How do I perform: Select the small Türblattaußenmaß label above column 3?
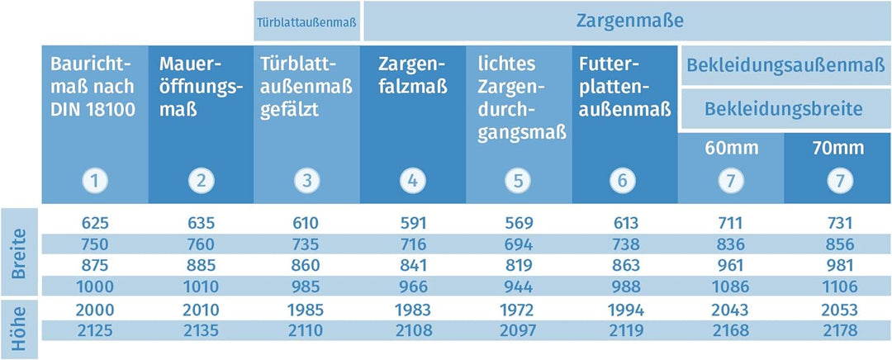tap(307, 22)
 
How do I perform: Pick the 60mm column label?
tap(731, 149)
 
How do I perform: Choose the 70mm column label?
tap(837, 149)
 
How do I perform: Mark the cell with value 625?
tap(96, 223)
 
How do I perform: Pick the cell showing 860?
tap(306, 266)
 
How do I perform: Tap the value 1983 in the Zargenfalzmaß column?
tap(412, 310)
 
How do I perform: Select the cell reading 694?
tap(517, 244)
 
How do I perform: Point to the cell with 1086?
tap(731, 287)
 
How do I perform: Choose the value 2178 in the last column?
tap(837, 331)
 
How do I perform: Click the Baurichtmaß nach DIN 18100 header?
tap(93, 87)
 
